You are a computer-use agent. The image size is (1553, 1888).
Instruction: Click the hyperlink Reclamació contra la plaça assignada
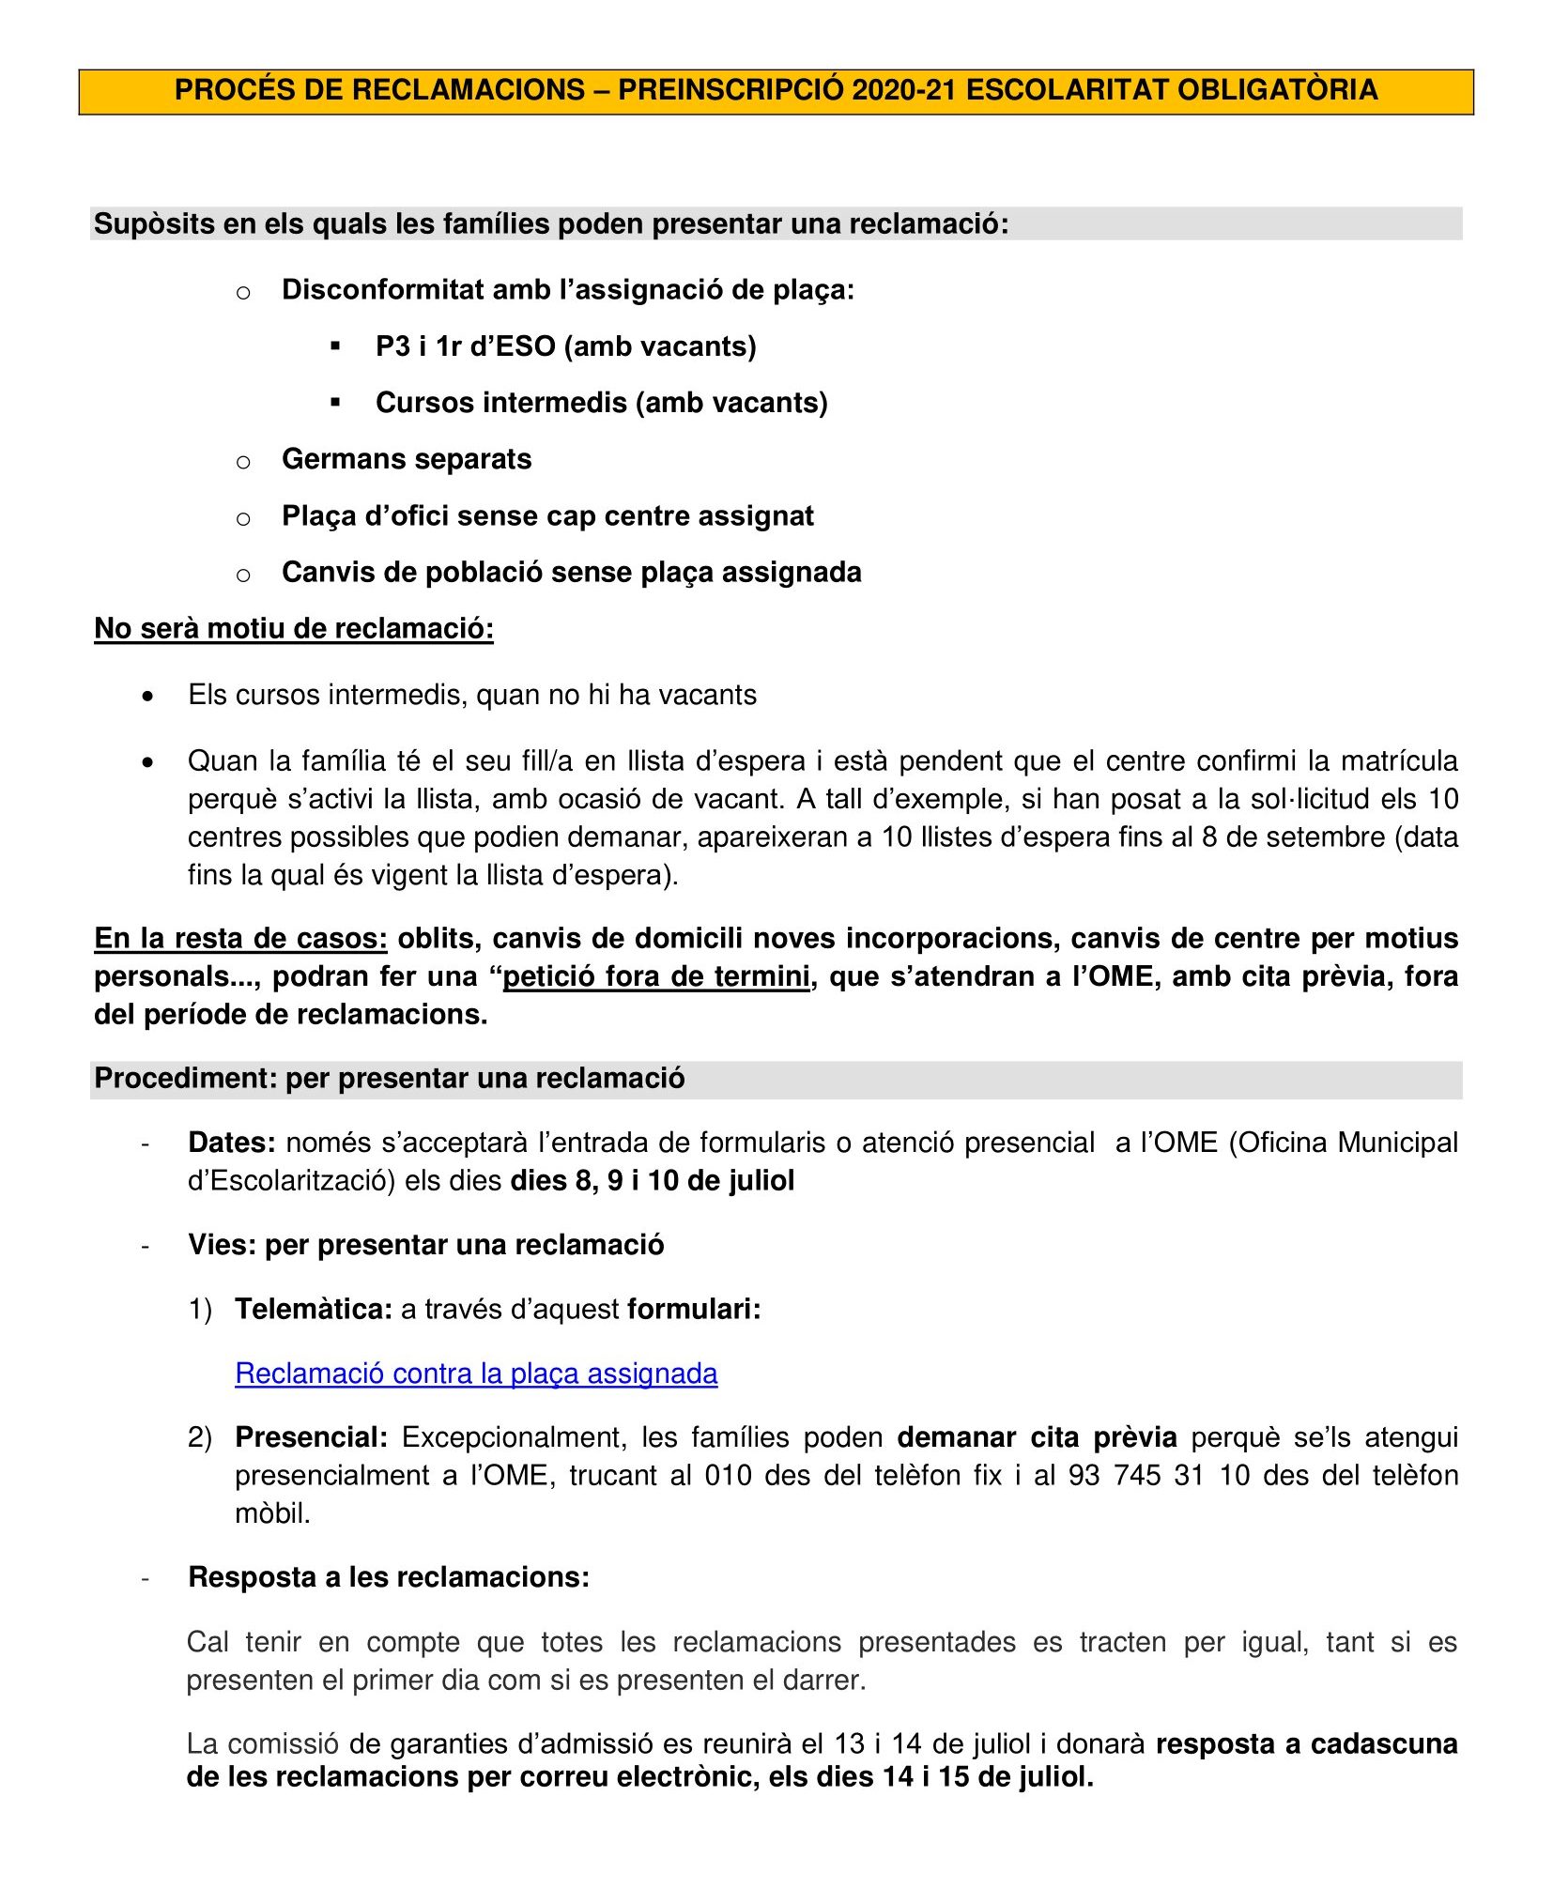pyautogui.click(x=476, y=1374)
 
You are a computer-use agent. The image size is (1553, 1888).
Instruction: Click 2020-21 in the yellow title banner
pyautogui.click(x=904, y=90)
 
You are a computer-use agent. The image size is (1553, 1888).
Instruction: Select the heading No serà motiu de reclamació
pyautogui.click(x=293, y=628)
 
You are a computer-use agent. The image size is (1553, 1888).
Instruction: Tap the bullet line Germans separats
pyautogui.click(x=407, y=459)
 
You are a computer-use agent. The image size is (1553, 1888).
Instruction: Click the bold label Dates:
pyautogui.click(x=232, y=1143)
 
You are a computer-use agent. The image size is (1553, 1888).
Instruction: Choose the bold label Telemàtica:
pyautogui.click(x=314, y=1309)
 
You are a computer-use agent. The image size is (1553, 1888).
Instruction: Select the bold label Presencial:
pyautogui.click(x=312, y=1437)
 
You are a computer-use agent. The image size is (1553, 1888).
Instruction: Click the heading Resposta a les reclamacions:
pyautogui.click(x=389, y=1577)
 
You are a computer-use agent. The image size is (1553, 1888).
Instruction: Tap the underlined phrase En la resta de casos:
pyautogui.click(x=240, y=939)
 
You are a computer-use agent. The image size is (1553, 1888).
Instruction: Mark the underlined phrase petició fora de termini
pyautogui.click(x=656, y=976)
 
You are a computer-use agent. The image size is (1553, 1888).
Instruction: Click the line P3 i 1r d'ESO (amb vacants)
pyautogui.click(x=565, y=346)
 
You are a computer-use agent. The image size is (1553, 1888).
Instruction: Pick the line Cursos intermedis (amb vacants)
pyautogui.click(x=601, y=403)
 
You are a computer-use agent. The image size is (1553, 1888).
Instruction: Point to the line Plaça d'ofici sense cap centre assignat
pyautogui.click(x=547, y=516)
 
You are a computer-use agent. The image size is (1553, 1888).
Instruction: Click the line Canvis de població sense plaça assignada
pyautogui.click(x=571, y=573)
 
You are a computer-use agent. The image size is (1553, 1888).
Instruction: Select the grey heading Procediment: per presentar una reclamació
pyautogui.click(x=390, y=1079)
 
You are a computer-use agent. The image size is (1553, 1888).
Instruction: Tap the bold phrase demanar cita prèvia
pyautogui.click(x=1037, y=1437)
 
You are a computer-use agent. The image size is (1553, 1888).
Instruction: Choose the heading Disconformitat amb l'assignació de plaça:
pyautogui.click(x=568, y=290)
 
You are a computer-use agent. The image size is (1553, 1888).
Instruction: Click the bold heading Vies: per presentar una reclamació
pyautogui.click(x=426, y=1245)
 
